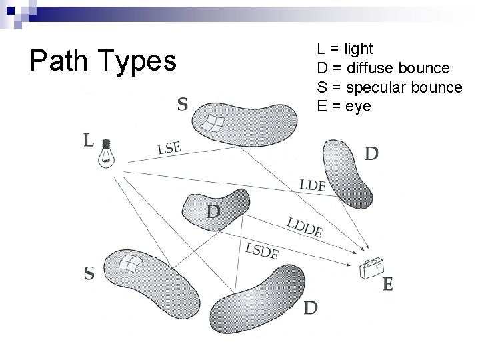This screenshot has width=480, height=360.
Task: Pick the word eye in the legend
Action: [x=359, y=107]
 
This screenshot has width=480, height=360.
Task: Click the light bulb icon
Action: [x=107, y=152]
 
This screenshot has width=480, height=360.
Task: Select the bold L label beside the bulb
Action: [x=87, y=141]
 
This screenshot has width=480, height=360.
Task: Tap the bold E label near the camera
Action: [x=388, y=285]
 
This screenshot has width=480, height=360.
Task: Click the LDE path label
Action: [x=313, y=185]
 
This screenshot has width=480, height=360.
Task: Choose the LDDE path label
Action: [x=305, y=227]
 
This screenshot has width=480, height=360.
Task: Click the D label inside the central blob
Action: [x=213, y=212]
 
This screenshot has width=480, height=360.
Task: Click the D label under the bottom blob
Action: [x=311, y=308]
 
